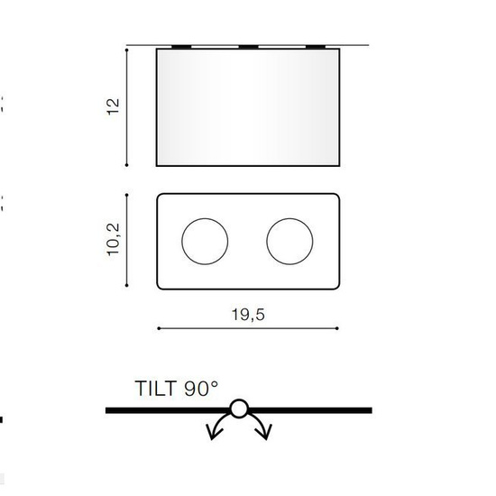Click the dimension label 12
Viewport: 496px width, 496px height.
tap(113, 107)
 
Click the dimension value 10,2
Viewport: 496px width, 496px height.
tap(113, 240)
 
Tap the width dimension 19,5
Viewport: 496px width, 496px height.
tap(248, 315)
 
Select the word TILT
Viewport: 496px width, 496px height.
tap(156, 389)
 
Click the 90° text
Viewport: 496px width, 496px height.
tap(201, 389)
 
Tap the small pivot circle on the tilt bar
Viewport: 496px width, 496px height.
tap(239, 409)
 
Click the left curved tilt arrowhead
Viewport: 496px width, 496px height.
tap(213, 432)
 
